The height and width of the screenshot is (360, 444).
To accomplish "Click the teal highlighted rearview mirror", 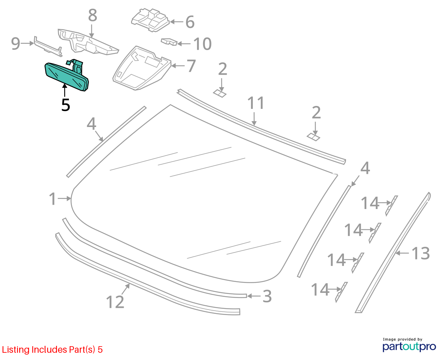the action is (x=66, y=76).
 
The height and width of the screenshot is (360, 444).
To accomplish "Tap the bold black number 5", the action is (x=66, y=105).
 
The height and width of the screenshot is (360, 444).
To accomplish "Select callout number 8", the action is (x=92, y=15).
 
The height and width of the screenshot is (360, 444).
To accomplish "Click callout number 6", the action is (x=190, y=22).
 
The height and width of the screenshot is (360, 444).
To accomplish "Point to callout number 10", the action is (x=202, y=44).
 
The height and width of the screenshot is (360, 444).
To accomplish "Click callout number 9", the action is (x=16, y=44).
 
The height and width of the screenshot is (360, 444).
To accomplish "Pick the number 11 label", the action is (x=256, y=103).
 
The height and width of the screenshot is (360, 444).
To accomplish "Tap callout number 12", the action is (x=115, y=302).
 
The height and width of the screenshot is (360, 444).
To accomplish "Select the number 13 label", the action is (x=421, y=253).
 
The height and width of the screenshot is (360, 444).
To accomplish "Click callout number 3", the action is (x=267, y=296).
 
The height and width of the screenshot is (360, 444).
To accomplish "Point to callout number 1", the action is (x=53, y=199).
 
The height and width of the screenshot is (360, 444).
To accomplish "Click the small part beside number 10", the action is (x=169, y=42).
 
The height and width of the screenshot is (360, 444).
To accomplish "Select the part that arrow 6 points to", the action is (x=150, y=20).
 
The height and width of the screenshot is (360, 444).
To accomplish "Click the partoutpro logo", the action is (x=409, y=347).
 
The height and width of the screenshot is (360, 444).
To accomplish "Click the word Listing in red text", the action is (x=16, y=349).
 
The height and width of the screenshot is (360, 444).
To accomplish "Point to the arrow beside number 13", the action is (x=402, y=253).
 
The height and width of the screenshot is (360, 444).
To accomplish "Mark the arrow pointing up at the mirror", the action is (x=65, y=90).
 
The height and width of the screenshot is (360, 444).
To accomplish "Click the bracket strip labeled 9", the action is (x=48, y=47).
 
